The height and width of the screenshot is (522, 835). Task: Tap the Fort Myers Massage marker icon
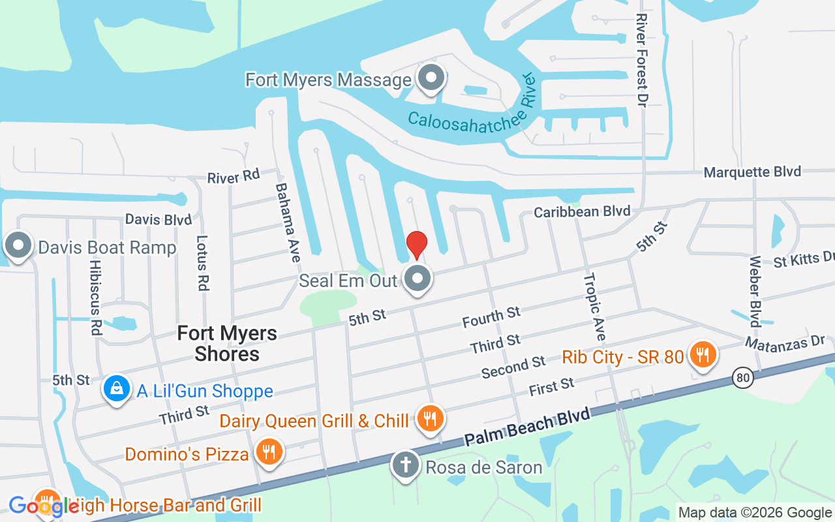(x=431, y=78)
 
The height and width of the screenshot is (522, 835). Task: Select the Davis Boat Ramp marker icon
(x=18, y=246)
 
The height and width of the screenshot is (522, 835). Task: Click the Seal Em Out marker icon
(x=417, y=279)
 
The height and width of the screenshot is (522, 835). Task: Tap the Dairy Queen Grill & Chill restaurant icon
(x=429, y=419)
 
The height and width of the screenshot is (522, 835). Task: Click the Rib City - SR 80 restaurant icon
(x=703, y=355)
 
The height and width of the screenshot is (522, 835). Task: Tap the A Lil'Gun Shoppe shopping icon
(x=116, y=390)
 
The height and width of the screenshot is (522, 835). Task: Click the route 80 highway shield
(x=742, y=376)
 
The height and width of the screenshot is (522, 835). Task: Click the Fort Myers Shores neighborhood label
(x=227, y=344)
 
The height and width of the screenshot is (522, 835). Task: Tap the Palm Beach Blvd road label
(x=528, y=427)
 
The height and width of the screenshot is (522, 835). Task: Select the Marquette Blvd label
(x=752, y=172)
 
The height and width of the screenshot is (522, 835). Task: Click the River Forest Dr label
(x=642, y=60)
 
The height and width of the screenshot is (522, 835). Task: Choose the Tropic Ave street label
(x=595, y=307)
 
